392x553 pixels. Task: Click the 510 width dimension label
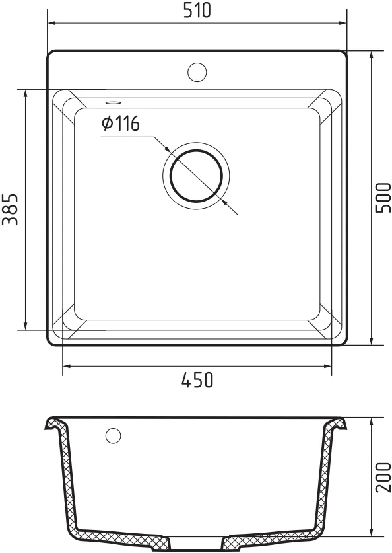click(197, 10)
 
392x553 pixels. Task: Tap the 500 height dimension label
click(383, 198)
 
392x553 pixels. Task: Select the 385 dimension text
click(10, 210)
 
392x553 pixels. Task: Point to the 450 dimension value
click(197, 380)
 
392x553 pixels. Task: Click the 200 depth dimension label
click(383, 478)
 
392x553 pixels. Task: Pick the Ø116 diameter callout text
click(121, 124)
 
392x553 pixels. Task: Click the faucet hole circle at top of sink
click(197, 72)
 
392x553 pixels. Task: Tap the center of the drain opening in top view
click(196, 176)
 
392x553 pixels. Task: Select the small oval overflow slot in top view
click(114, 102)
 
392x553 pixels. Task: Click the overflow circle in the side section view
click(113, 435)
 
